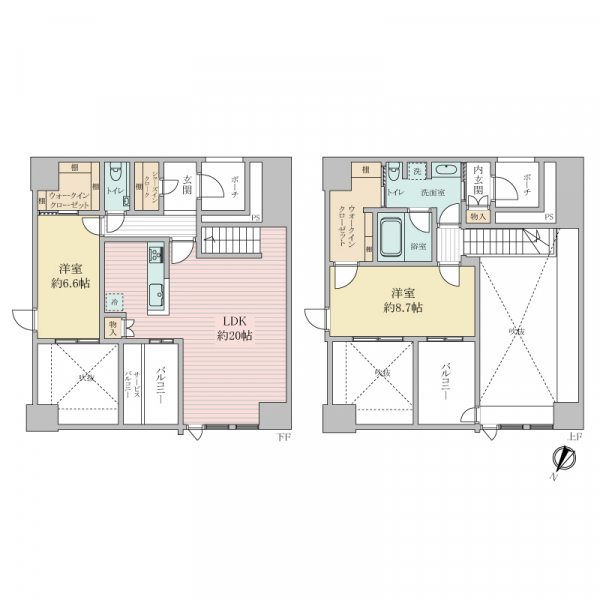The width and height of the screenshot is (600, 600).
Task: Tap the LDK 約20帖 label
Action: pos(234,329)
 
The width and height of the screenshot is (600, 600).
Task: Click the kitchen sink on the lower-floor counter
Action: pos(156,292)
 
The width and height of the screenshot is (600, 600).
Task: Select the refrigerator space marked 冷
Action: pos(116,301)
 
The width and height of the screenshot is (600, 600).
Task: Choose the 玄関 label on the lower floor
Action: pos(187,184)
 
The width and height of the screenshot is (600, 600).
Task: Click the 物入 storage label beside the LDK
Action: pos(114,325)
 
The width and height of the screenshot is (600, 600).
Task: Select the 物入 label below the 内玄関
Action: pos(478,215)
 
